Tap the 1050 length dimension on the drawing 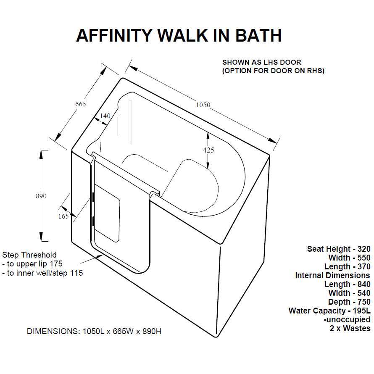pos(203,105)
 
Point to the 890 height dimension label pos(41,196)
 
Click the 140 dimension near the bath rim pos(105,116)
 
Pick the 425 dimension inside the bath pos(208,150)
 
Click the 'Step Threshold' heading pos(29,255)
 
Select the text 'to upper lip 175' pos(34,264)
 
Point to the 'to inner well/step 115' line pos(45,273)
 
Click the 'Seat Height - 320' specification pos(339,249)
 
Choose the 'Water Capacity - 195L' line pos(329,311)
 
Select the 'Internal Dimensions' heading pos(332,276)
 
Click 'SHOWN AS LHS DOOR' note pos(262,62)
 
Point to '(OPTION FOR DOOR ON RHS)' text pos(273,71)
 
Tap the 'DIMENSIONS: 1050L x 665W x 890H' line pos(94,332)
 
